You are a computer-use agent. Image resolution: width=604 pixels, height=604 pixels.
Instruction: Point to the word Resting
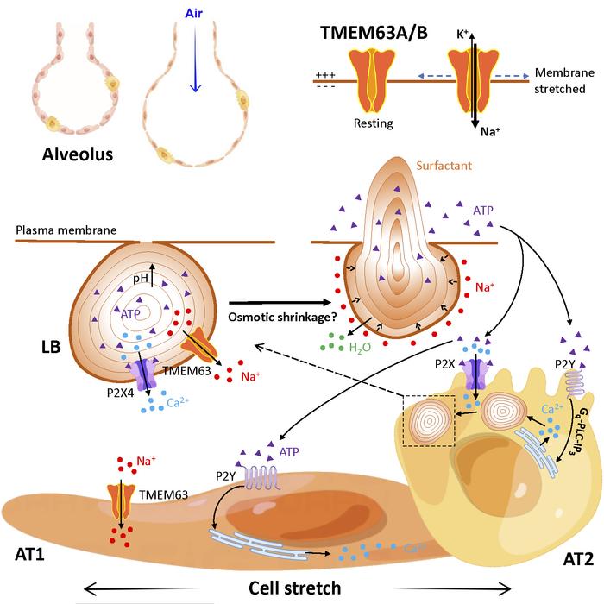click(373, 123)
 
